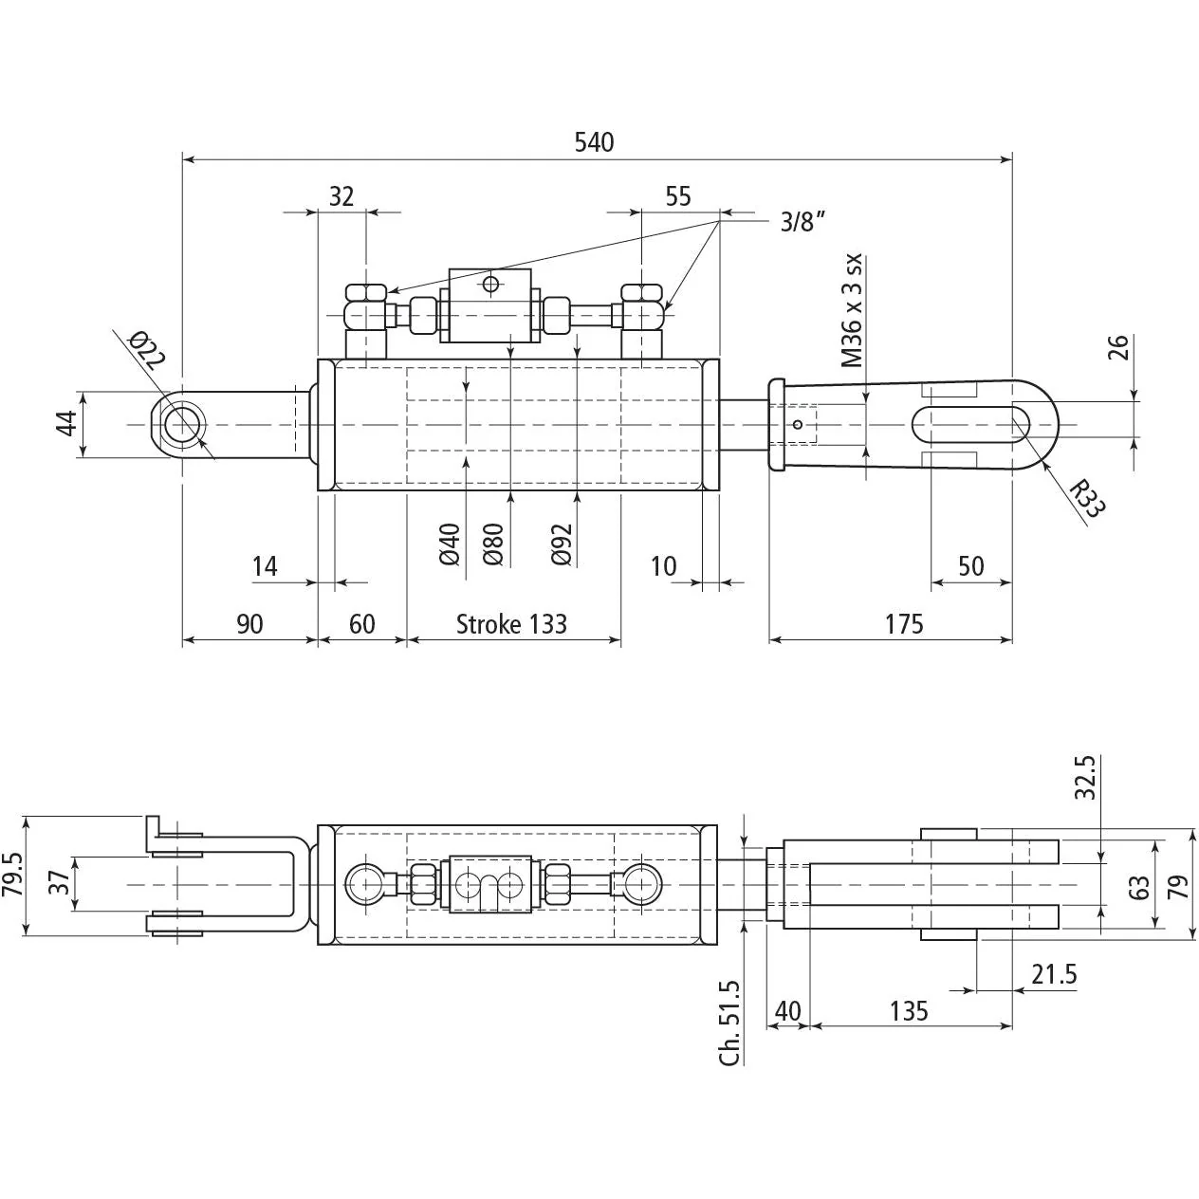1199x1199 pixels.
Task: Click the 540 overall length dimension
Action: coord(594,142)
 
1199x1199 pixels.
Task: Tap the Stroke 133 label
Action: coord(511,624)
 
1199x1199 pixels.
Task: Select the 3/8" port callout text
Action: coord(802,222)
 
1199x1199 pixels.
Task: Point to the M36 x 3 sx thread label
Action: coord(853,310)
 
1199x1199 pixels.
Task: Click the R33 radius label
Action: coord(1088,498)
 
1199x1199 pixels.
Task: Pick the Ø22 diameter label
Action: coord(147,350)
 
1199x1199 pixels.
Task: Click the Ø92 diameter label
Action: coord(562,544)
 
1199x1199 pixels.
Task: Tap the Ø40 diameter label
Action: coord(450,544)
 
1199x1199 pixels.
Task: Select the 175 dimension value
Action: coord(904,624)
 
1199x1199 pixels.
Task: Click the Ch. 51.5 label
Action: coord(729,1024)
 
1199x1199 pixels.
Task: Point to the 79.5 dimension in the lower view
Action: coord(13,875)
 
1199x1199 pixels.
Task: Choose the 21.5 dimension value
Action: coord(1054,974)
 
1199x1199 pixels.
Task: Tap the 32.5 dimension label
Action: coord(1085,778)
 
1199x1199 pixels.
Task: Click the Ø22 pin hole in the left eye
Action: coord(182,425)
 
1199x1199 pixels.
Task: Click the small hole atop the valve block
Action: coord(491,285)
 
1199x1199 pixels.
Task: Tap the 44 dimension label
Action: coord(67,424)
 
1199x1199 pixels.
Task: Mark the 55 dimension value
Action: coord(677,196)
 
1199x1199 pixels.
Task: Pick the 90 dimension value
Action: coord(249,624)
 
